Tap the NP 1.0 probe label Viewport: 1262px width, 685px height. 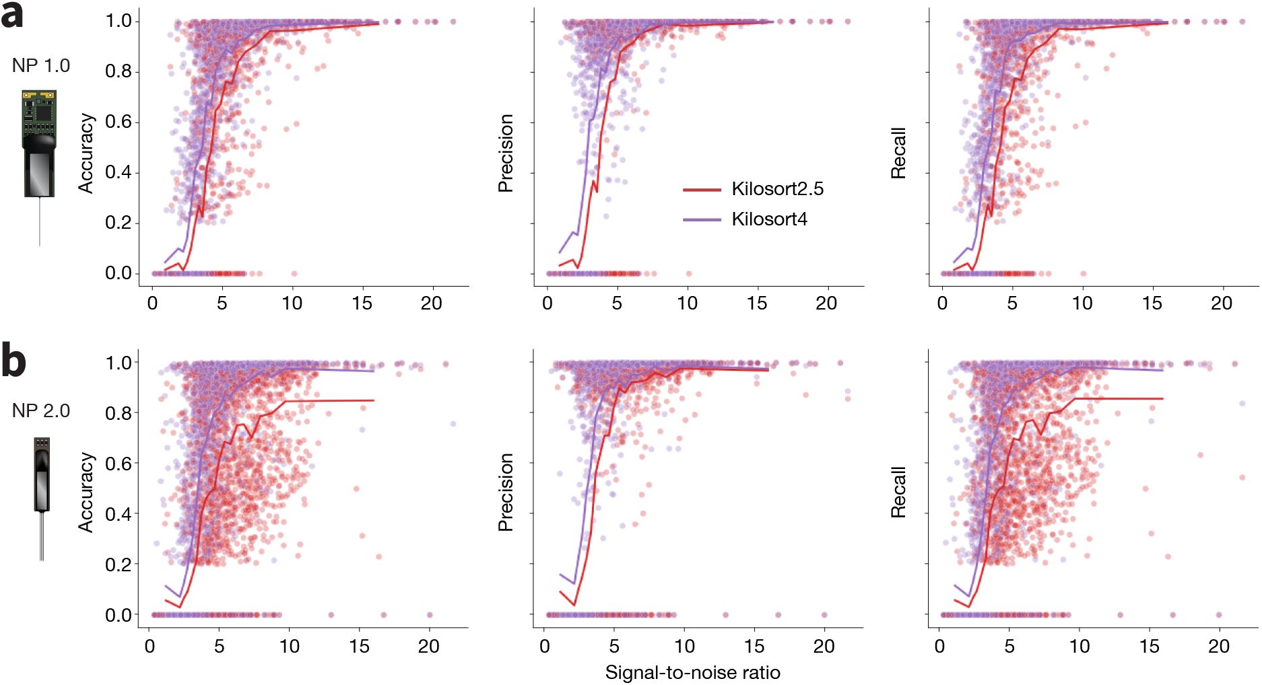coord(41,66)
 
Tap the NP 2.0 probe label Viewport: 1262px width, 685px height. coord(41,410)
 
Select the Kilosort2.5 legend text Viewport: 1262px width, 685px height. coord(777,189)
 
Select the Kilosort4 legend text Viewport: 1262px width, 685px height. coord(769,219)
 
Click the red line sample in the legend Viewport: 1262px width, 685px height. coord(702,190)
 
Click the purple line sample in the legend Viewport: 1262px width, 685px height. coord(702,220)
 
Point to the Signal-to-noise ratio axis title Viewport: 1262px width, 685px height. coord(692,672)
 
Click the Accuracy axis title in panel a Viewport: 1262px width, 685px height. coord(86,153)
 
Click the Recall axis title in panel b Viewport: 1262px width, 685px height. coord(898,492)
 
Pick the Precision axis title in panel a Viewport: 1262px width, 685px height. coord(506,153)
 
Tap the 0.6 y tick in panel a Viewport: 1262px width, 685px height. coord(119,122)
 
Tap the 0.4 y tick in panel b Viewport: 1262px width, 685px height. coord(119,514)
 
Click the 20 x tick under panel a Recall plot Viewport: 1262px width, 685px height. coord(1222,303)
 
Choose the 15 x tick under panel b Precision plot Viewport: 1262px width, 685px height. coord(754,647)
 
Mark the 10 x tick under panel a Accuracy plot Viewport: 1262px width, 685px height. coord(292,303)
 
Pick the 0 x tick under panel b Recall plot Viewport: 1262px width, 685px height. coord(939,647)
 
